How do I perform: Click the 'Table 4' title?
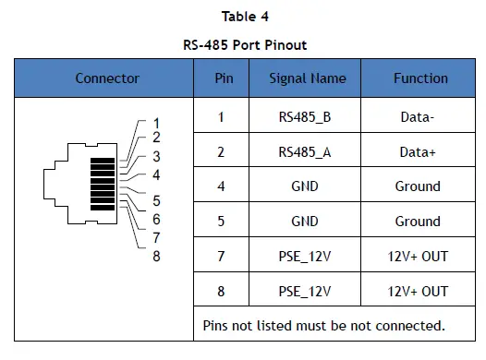pos(242,16)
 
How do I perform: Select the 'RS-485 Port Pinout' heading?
pos(242,44)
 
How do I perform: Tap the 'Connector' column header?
pos(107,78)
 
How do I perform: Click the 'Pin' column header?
pos(222,78)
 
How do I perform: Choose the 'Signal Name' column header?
pos(305,78)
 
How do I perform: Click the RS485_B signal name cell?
pos(305,117)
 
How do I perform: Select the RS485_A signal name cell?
pos(305,152)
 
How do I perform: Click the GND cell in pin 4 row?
pos(305,186)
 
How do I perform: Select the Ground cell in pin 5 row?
pos(418,222)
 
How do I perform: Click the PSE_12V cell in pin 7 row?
pos(305,256)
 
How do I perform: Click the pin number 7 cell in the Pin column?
pos(222,256)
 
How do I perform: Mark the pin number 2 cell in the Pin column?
pos(222,152)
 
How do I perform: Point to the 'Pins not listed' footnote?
pos(323,325)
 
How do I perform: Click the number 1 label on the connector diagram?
pos(156,123)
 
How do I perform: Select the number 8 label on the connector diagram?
pos(156,256)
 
